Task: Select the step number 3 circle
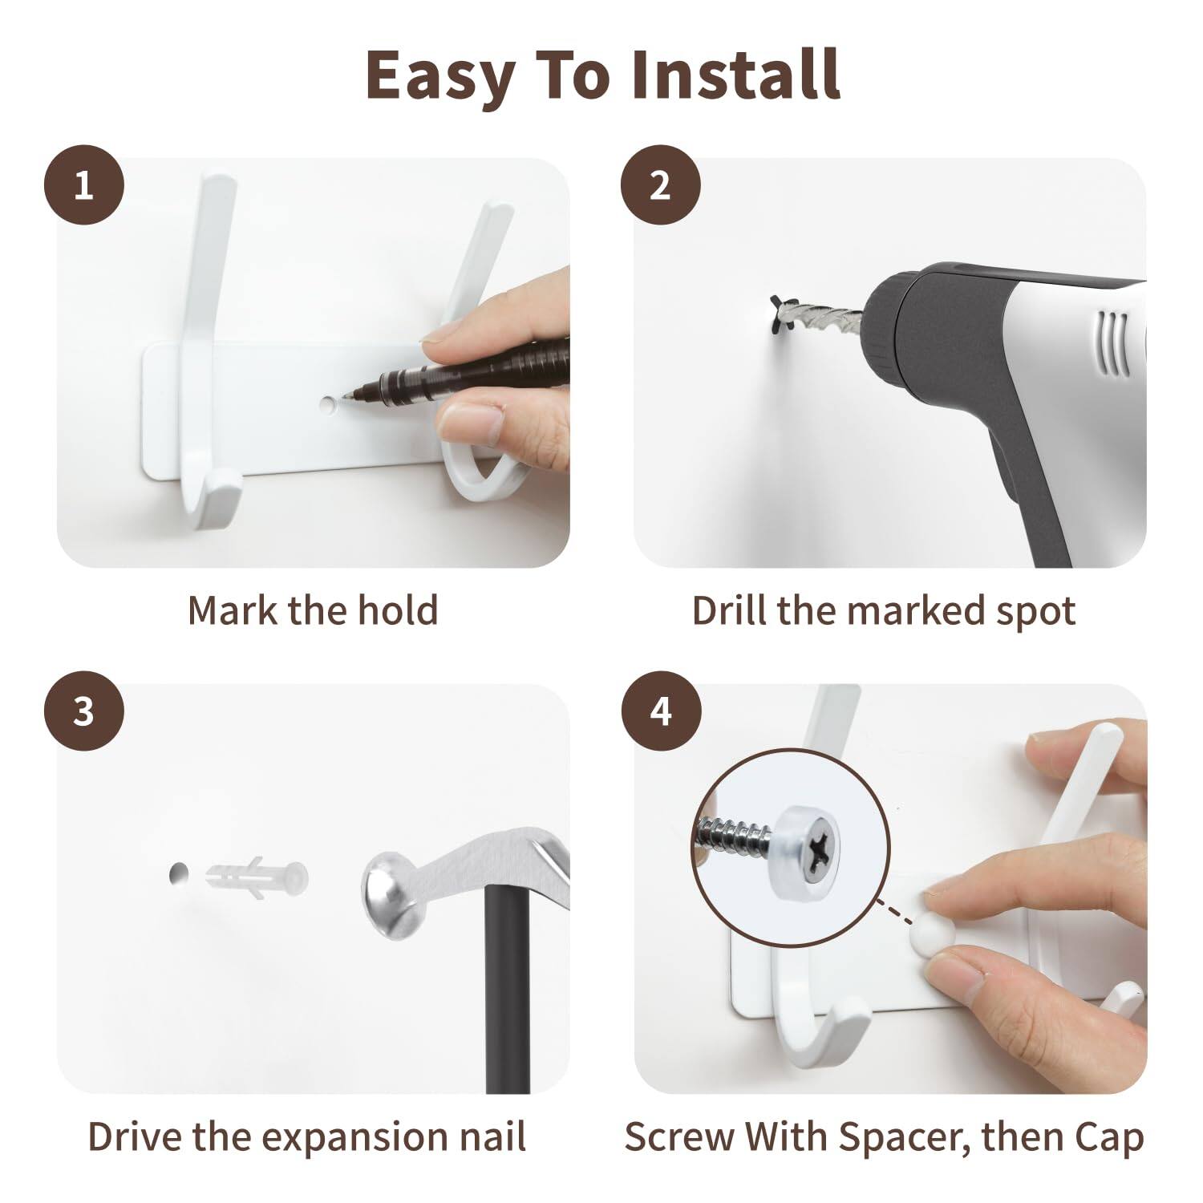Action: (x=83, y=711)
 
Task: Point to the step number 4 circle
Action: (x=660, y=711)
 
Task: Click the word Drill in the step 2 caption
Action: (x=730, y=611)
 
